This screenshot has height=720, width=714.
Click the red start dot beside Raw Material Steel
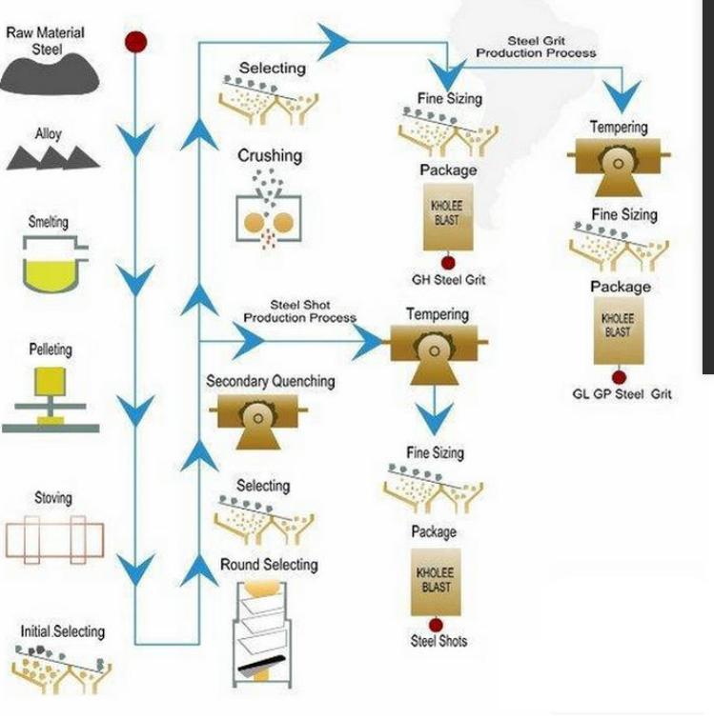(135, 41)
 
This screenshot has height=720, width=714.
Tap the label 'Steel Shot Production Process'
(299, 311)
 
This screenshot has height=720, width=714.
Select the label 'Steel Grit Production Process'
(536, 47)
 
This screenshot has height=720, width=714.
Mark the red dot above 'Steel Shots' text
(436, 625)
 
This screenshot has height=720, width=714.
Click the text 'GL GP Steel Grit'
(622, 393)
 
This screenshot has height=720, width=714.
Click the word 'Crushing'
(270, 155)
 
